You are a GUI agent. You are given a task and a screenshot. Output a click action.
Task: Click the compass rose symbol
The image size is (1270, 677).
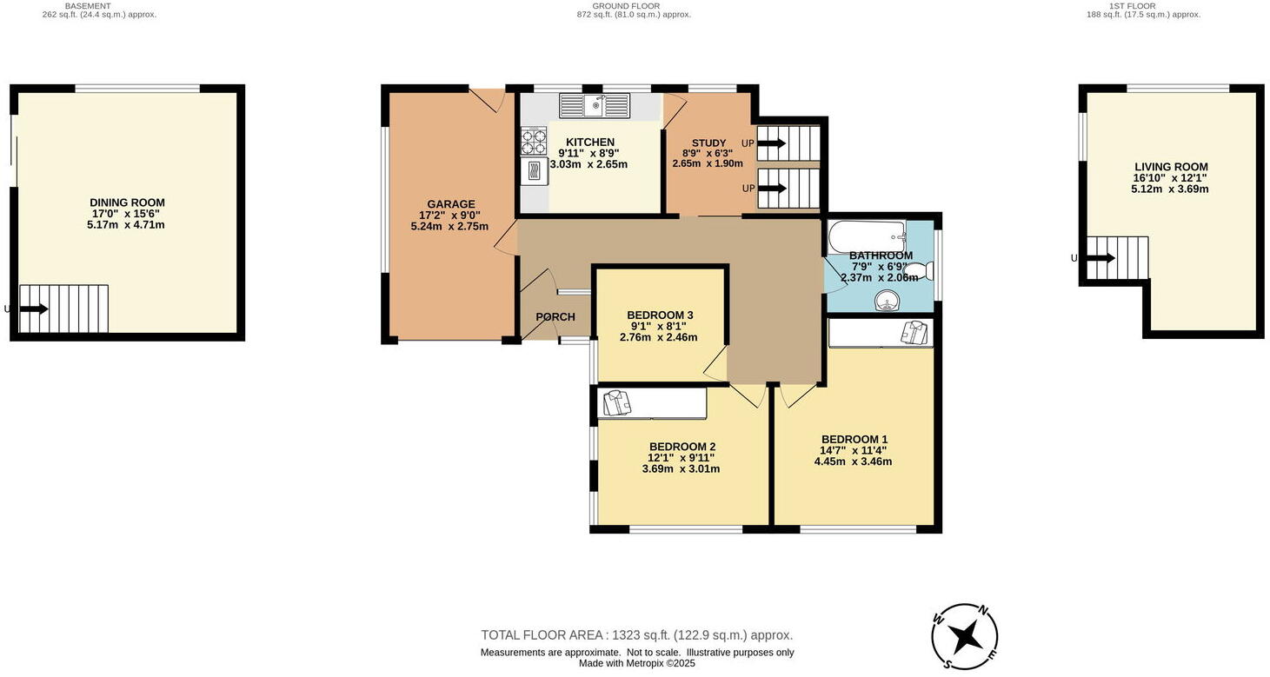point(964,636)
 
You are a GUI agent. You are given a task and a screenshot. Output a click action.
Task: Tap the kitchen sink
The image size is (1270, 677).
point(595,106)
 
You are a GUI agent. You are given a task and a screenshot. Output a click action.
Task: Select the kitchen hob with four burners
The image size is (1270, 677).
point(533,140)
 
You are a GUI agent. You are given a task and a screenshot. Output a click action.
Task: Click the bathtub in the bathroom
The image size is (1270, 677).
point(867,235)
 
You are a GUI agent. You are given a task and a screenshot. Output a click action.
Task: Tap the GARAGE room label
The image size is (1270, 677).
point(450,204)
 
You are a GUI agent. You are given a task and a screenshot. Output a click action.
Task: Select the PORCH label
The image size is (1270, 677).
point(555,317)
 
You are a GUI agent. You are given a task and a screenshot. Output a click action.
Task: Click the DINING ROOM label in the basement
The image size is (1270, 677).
point(127,202)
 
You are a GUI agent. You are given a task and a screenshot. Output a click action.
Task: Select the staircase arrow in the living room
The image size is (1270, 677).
point(1100,258)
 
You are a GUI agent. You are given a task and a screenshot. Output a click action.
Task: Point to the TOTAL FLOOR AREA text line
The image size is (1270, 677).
point(637,635)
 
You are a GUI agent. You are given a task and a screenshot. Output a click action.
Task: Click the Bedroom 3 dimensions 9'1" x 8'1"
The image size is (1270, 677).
point(658,326)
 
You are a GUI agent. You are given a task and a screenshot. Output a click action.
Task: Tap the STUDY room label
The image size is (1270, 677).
point(708,143)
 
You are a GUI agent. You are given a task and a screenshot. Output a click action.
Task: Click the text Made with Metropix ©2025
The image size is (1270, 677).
point(637,663)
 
